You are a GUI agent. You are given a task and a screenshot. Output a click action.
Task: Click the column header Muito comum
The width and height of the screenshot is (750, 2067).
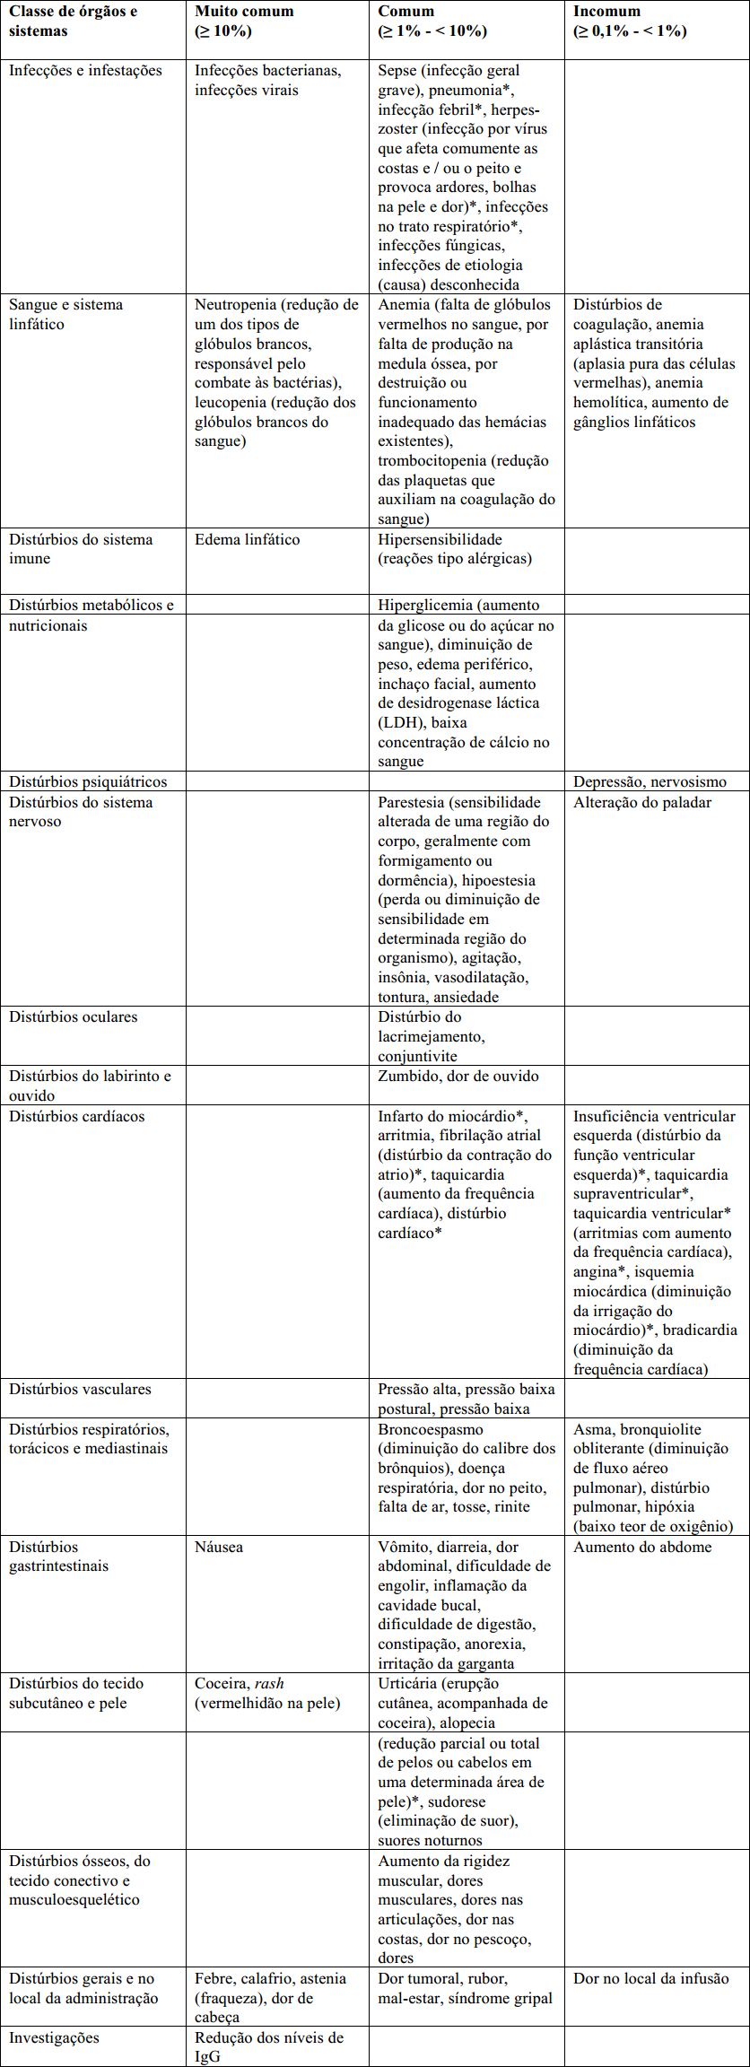click(244, 12)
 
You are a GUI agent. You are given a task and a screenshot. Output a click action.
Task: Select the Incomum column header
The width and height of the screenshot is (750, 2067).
click(606, 12)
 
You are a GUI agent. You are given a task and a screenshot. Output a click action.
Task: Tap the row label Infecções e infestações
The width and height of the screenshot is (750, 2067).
click(86, 70)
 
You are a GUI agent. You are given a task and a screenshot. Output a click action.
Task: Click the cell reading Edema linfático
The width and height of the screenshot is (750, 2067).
click(248, 539)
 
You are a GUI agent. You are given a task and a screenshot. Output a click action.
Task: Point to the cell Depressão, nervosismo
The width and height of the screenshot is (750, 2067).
click(650, 781)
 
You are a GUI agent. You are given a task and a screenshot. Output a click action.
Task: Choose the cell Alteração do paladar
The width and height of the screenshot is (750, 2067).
click(642, 802)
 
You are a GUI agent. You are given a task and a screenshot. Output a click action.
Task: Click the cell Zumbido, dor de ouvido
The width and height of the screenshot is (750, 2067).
click(458, 1076)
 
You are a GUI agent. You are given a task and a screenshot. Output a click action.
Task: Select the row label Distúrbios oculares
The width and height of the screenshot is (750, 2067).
click(74, 1016)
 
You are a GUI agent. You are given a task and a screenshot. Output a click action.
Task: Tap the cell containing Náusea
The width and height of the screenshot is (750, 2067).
click(219, 1547)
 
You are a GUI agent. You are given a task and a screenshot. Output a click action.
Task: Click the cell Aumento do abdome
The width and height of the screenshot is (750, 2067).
click(642, 1547)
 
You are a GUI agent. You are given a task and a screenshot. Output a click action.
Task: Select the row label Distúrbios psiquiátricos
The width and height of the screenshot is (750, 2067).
click(88, 781)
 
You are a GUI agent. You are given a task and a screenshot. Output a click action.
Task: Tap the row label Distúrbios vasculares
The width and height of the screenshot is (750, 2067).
click(81, 1389)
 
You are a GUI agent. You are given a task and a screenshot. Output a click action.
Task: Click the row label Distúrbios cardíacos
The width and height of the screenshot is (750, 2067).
click(77, 1116)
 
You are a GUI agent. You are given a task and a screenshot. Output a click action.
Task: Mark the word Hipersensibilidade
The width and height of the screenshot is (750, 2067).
click(440, 539)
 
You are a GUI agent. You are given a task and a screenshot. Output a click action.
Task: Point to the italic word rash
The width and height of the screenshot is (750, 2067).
click(269, 1683)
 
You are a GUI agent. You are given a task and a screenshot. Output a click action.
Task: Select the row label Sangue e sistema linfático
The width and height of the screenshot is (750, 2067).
click(65, 314)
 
